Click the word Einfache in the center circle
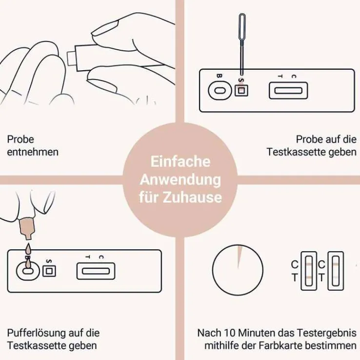pyautogui.click(x=180, y=161)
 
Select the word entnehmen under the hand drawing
pyautogui.click(x=33, y=152)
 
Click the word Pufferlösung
pyautogui.click(x=34, y=333)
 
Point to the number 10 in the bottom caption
pyautogui.click(x=229, y=333)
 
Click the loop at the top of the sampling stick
pyautogui.click(x=242, y=26)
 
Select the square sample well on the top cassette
pyautogui.click(x=241, y=90)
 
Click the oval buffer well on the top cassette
pyautogui.click(x=220, y=90)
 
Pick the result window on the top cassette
pyautogui.click(x=288, y=90)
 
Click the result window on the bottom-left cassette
pyautogui.click(x=96, y=271)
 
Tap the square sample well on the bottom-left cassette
pyautogui.click(x=49, y=271)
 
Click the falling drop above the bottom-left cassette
pyautogui.click(x=28, y=248)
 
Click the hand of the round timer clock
pyautogui.click(x=239, y=257)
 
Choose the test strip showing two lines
pyautogui.click(x=309, y=271)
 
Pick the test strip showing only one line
pyautogui.click(x=336, y=271)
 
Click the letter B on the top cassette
pyautogui.click(x=219, y=76)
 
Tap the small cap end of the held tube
pyautogui.click(x=71, y=59)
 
